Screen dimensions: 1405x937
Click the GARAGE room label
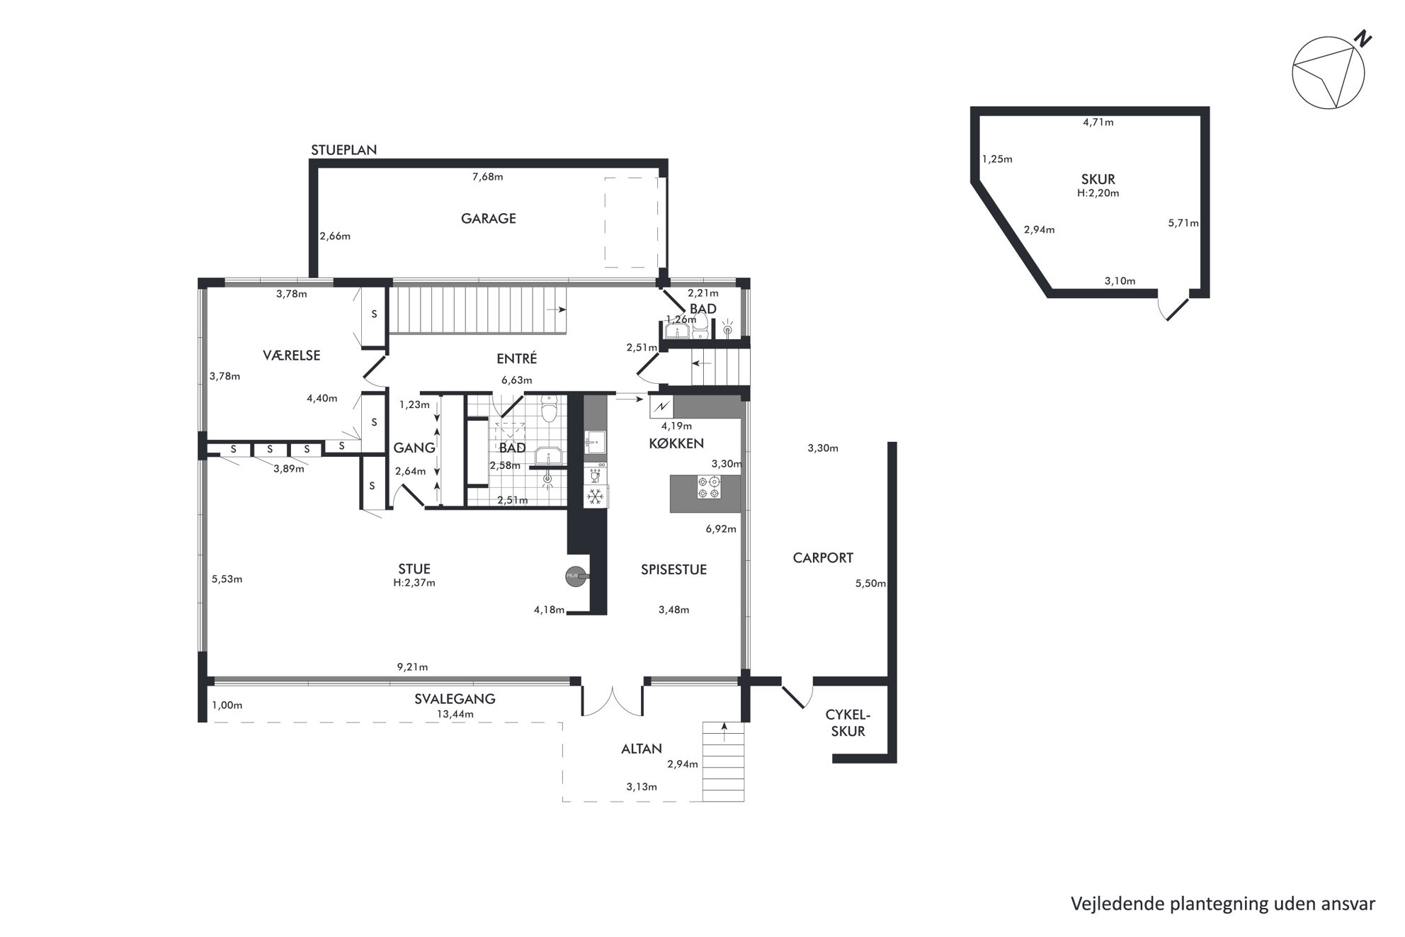tap(488, 219)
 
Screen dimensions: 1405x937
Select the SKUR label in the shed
tap(1098, 180)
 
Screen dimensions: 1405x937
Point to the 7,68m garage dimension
tap(487, 177)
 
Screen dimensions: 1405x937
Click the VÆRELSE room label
tap(292, 356)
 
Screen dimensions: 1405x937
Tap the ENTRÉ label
tap(516, 358)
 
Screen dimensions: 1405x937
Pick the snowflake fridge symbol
tap(596, 496)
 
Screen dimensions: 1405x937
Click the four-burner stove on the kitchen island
tap(708, 488)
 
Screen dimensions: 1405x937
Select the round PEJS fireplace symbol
tap(574, 577)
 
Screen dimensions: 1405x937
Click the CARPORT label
tap(823, 558)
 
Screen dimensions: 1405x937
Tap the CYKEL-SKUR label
tap(848, 723)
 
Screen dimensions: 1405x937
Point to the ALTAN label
tap(642, 749)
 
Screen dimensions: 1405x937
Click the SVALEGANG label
tap(455, 699)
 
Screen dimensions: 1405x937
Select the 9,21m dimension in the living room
tap(412, 667)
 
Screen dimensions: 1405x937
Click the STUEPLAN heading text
tap(344, 150)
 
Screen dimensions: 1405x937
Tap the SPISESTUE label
tap(673, 569)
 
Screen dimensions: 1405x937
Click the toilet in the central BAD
tap(550, 409)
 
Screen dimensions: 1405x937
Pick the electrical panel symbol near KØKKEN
tap(661, 407)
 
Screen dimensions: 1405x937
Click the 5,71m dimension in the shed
tap(1183, 223)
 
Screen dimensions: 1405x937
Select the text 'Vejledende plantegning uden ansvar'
tap(1223, 904)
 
